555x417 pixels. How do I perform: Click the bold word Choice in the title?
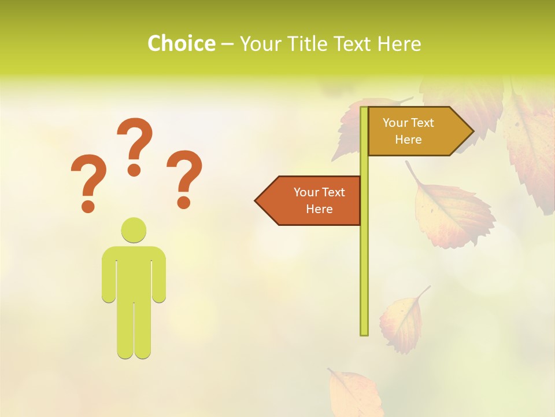[x=181, y=43]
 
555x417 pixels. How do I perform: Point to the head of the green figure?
[x=134, y=230]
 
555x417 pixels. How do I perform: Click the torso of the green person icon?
[x=134, y=272]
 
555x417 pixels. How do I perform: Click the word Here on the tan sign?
[x=408, y=140]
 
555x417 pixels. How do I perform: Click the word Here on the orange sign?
[x=319, y=209]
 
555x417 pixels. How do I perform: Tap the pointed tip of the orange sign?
[x=256, y=200]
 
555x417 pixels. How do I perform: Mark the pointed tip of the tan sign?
[x=472, y=131]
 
